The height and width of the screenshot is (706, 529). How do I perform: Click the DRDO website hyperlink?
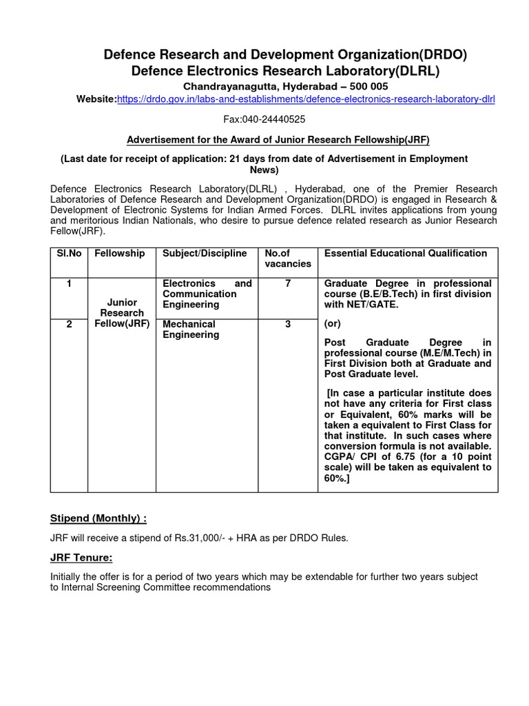coord(307,99)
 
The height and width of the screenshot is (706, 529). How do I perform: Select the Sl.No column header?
coord(69,254)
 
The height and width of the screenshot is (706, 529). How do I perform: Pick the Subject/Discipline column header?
coord(205,254)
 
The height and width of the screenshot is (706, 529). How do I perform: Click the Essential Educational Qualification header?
coord(405,254)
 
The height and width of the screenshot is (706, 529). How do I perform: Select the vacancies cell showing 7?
coord(288,284)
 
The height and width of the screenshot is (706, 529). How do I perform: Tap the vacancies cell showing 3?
coord(288,324)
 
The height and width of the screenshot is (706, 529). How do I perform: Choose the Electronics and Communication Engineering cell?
coord(207,294)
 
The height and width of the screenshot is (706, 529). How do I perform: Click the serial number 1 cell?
coord(69,284)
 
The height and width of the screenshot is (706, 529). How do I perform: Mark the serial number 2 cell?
coord(69,324)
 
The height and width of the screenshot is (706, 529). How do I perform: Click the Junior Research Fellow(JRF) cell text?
coord(122,313)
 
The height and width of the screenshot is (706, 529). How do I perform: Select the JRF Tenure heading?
coord(81,558)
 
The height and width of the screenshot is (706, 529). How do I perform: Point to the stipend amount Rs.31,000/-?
coord(213,538)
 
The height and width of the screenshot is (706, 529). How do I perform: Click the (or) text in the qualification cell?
coord(332,324)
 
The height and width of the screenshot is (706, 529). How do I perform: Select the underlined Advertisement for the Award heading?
coord(278,140)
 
